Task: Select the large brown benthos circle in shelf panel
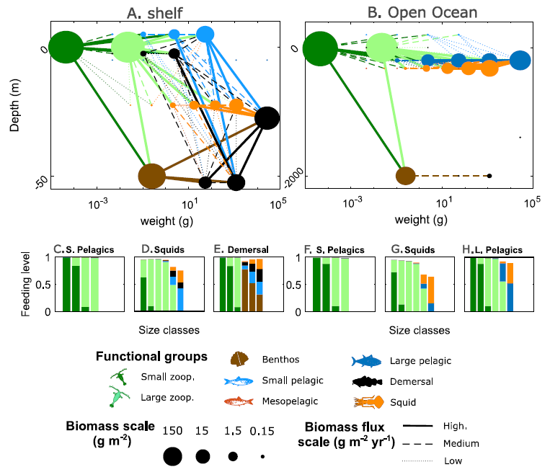coord(152,175)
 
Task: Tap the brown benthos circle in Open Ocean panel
coord(405,175)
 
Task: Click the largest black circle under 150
coord(172,456)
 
